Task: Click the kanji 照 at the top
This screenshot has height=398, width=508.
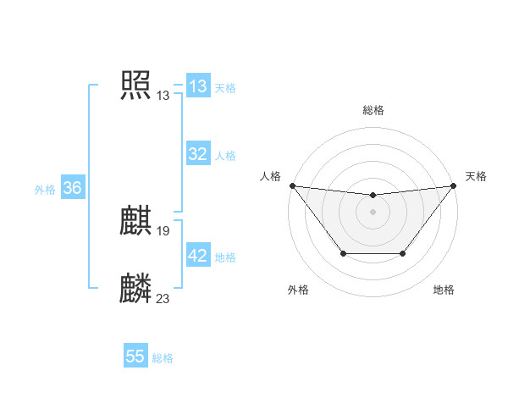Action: [x=135, y=85]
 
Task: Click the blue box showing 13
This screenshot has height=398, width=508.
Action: [x=197, y=86]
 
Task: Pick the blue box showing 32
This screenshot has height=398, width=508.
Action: [x=197, y=154]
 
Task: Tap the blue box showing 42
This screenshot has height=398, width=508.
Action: [x=197, y=256]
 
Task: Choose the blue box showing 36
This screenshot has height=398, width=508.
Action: [x=72, y=188]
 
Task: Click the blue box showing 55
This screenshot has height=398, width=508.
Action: [x=135, y=357]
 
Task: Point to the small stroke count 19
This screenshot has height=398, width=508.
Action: [x=163, y=231]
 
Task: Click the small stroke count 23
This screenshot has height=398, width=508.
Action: [x=163, y=298]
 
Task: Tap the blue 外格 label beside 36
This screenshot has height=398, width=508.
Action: [x=45, y=190]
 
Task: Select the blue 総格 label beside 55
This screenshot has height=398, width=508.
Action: [x=163, y=358]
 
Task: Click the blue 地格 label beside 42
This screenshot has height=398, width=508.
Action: [x=225, y=257]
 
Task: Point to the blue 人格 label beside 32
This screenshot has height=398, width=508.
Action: [x=225, y=156]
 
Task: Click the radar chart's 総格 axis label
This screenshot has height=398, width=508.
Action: [x=373, y=110]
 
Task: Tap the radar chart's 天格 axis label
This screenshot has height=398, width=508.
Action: [x=476, y=176]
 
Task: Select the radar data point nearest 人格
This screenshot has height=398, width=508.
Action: [x=292, y=185]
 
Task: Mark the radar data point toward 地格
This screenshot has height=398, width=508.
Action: [x=403, y=253]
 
